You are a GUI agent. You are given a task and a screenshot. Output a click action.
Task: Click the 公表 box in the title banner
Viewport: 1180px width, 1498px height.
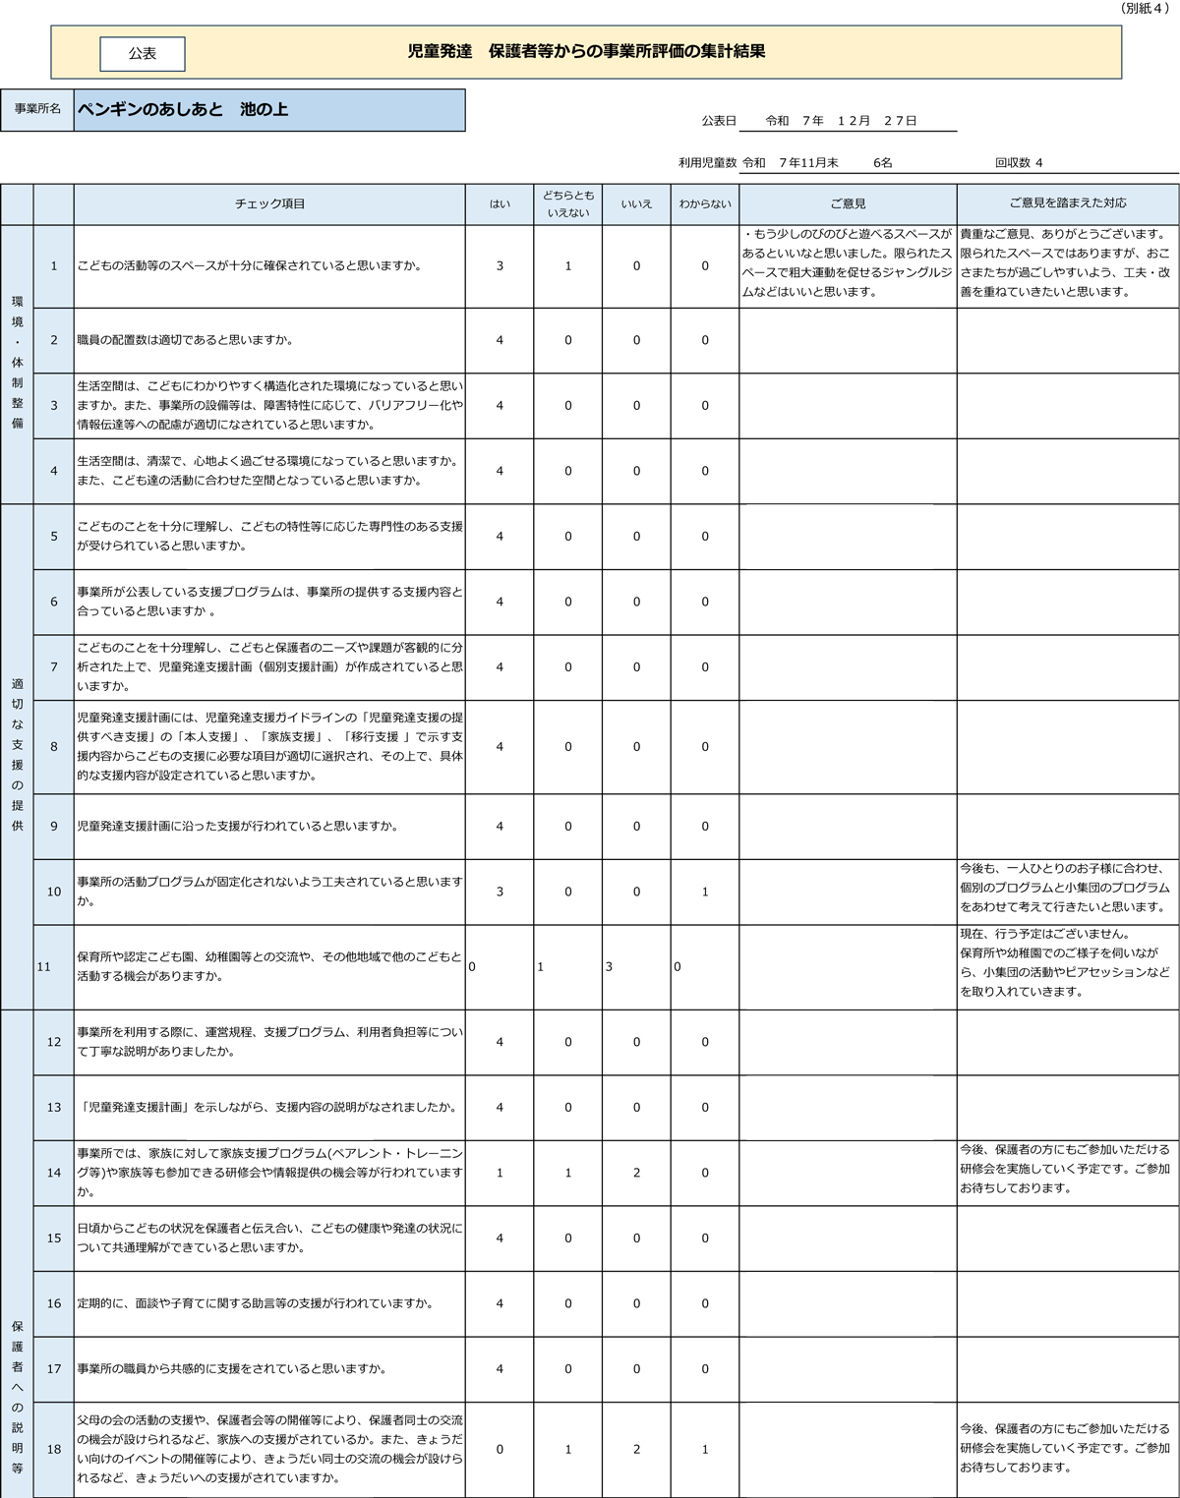click(143, 54)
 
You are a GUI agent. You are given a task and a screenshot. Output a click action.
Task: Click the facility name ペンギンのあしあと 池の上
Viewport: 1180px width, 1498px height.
click(183, 110)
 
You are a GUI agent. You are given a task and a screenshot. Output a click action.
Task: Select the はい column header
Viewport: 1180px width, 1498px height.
click(500, 204)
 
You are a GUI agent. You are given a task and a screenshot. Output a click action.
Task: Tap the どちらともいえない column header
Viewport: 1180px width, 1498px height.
click(568, 204)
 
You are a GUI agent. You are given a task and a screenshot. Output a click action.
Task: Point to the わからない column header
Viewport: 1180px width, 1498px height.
click(705, 204)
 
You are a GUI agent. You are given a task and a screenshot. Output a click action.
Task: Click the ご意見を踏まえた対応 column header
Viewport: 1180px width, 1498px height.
click(1068, 203)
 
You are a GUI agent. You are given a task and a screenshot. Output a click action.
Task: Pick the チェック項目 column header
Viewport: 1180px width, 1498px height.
click(269, 204)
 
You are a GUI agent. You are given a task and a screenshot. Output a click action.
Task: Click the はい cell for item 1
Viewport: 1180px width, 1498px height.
click(500, 266)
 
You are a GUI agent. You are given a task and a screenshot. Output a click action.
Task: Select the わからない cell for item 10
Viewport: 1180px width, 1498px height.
click(705, 893)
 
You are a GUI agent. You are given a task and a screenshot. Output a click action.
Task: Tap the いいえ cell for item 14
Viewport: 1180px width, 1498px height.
click(636, 1173)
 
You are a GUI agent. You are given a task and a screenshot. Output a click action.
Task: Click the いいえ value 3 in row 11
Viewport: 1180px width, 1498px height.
click(610, 967)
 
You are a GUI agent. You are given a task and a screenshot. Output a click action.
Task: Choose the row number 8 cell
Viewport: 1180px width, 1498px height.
click(54, 747)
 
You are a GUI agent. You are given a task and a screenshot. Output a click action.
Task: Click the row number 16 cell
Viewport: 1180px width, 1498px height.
click(54, 1303)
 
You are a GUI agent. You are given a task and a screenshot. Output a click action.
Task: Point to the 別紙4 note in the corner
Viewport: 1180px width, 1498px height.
click(1144, 8)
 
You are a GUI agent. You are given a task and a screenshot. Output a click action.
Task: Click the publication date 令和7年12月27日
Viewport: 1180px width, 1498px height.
click(842, 121)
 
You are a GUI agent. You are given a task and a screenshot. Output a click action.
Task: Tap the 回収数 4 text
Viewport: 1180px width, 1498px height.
click(1019, 163)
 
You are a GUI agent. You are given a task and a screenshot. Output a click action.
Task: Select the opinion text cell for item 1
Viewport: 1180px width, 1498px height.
click(848, 263)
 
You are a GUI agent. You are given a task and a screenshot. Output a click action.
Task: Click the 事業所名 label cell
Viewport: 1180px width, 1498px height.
click(37, 109)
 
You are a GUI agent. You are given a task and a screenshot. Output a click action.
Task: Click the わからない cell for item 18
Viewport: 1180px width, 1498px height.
click(705, 1450)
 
